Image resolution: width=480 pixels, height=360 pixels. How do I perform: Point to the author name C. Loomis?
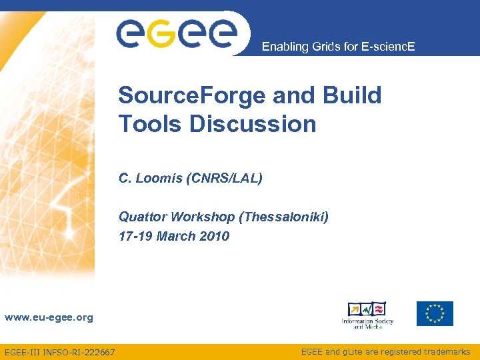pos(150,178)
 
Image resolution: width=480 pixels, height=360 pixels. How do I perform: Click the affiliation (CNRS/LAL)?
pos(225,178)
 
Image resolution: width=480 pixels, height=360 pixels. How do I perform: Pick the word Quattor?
pos(143,217)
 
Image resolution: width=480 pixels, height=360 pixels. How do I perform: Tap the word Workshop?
pos(205,217)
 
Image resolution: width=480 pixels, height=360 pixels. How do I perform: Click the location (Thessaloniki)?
pos(287,217)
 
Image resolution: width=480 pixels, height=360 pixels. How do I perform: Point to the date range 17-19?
pos(136,236)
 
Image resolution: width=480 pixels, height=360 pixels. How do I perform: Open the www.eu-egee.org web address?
pos(49,318)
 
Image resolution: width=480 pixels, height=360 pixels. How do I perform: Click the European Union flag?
pos(435,313)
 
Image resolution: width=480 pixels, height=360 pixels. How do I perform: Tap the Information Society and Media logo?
pos(367,315)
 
